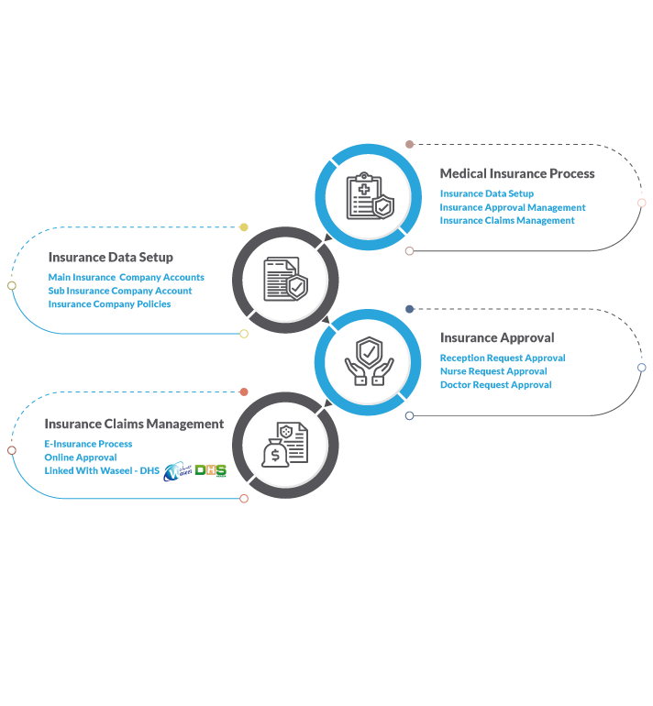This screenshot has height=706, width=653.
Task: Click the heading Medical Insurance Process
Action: [x=517, y=173]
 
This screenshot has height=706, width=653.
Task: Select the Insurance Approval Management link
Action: [x=513, y=207]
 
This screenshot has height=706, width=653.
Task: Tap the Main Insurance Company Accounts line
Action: [x=126, y=277]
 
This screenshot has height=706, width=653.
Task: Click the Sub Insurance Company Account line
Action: [x=120, y=291]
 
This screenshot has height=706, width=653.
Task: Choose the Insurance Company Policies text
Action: [x=109, y=303]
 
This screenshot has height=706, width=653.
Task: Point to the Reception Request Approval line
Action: [x=503, y=358]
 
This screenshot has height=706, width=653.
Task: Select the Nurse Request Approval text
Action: [x=493, y=371]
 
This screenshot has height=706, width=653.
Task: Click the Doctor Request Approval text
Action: [x=496, y=384]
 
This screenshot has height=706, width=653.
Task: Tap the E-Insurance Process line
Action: [x=88, y=444]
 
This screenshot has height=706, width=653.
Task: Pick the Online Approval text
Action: [x=81, y=458]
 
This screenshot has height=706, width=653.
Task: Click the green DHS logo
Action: [x=211, y=470]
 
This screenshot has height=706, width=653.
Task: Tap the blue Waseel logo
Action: [x=177, y=471]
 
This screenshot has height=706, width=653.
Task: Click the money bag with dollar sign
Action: [x=275, y=454]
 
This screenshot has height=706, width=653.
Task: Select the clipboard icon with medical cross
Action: [x=364, y=196]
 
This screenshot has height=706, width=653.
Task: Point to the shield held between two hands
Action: [x=370, y=352]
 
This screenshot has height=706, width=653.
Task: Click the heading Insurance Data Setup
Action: [x=111, y=257]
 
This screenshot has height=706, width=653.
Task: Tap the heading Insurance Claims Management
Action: [x=134, y=424]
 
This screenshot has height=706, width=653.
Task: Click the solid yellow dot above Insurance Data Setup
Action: [x=244, y=227]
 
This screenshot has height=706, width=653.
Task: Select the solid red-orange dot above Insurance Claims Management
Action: [x=244, y=392]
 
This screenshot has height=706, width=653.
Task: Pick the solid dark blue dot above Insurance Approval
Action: [x=409, y=309]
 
